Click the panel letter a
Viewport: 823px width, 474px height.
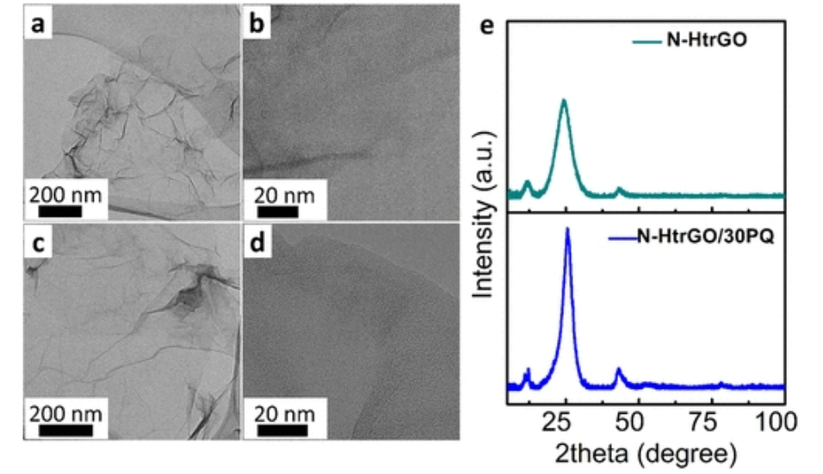point(38,24)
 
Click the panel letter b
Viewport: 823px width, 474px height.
point(257,24)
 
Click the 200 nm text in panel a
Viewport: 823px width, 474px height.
point(65,194)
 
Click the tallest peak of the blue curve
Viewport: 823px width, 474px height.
point(567,229)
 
